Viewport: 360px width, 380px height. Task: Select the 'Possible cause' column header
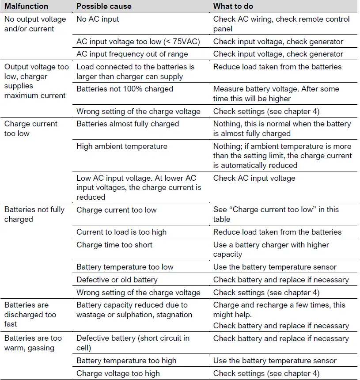pos(104,6)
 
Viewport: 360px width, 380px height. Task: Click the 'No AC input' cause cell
pos(98,19)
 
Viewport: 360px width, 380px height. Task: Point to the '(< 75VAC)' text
pos(180,42)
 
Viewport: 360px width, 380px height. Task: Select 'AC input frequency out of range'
pos(132,54)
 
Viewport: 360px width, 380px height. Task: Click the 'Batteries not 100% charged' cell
pos(125,89)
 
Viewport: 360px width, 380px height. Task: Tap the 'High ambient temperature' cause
pos(121,146)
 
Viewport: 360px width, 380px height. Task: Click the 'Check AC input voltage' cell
pos(254,178)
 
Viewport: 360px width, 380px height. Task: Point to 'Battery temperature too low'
pos(125,267)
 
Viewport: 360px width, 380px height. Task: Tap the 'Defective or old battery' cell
pos(117,280)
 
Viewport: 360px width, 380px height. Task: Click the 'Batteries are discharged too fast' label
pos(30,314)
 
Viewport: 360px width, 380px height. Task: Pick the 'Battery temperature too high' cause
pos(126,361)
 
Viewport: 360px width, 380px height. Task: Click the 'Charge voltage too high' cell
pos(118,373)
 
